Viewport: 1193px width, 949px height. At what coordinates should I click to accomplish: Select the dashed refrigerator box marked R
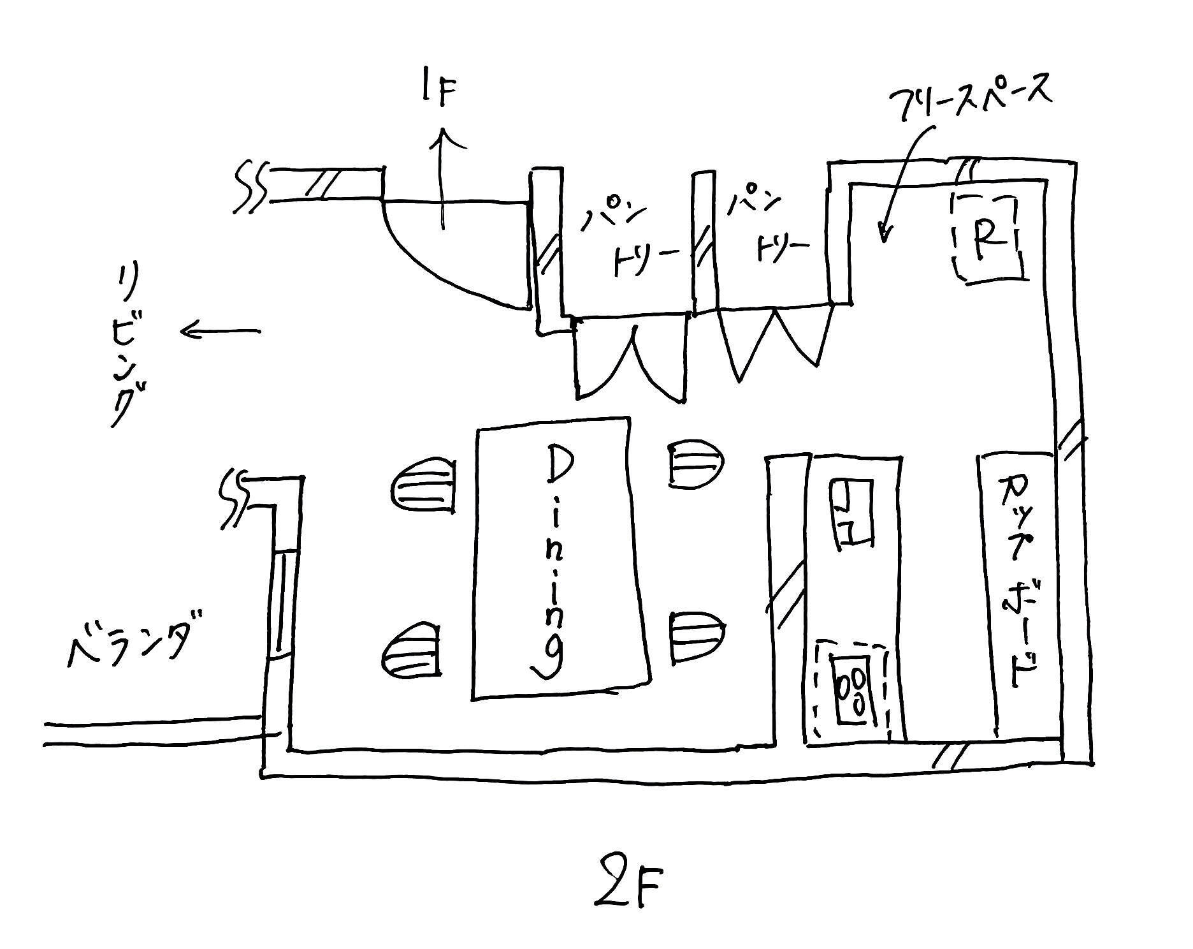986,237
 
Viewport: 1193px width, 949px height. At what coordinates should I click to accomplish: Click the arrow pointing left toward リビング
220,331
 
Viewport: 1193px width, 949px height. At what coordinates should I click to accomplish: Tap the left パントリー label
628,235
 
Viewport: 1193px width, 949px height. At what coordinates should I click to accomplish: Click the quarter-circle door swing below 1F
446,255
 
